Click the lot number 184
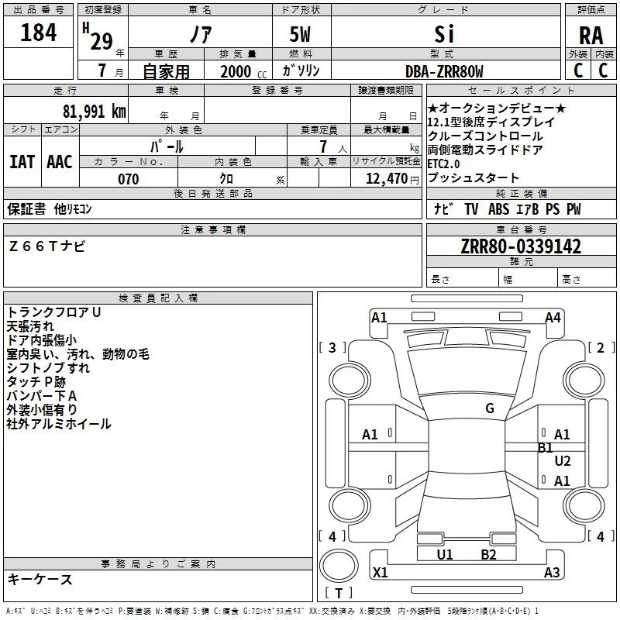[x=38, y=33]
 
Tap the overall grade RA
[x=591, y=36]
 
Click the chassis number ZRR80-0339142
[x=521, y=247]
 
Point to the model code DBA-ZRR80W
[x=444, y=72]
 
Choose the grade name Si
[x=444, y=34]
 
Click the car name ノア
[x=200, y=34]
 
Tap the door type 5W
[x=301, y=34]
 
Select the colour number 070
[x=128, y=179]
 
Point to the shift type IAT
[x=22, y=161]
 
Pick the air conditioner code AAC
[x=59, y=161]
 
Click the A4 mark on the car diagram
[x=553, y=317]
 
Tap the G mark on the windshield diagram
[x=490, y=408]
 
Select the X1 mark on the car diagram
[x=381, y=573]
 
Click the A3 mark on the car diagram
[x=552, y=573]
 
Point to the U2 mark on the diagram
[x=563, y=461]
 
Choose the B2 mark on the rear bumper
[x=488, y=554]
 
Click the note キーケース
[x=40, y=579]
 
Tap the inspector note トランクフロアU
[x=53, y=312]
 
